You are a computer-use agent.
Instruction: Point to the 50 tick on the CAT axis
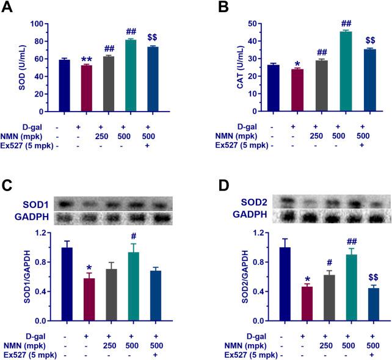(254, 24)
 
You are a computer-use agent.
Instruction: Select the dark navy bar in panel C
(67, 284)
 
